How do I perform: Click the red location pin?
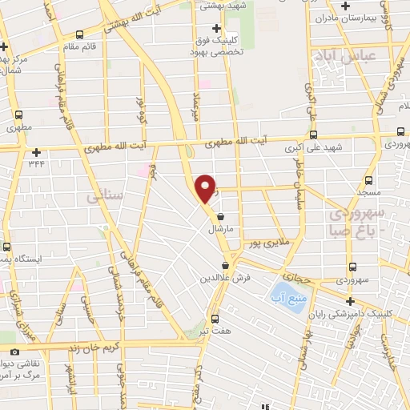click(x=206, y=187)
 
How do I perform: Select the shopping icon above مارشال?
click(x=220, y=215)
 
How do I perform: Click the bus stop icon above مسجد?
click(x=368, y=180)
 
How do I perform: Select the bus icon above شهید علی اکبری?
click(x=313, y=135)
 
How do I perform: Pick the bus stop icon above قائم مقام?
click(x=78, y=34)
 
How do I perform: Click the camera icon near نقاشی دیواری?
click(x=14, y=352)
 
